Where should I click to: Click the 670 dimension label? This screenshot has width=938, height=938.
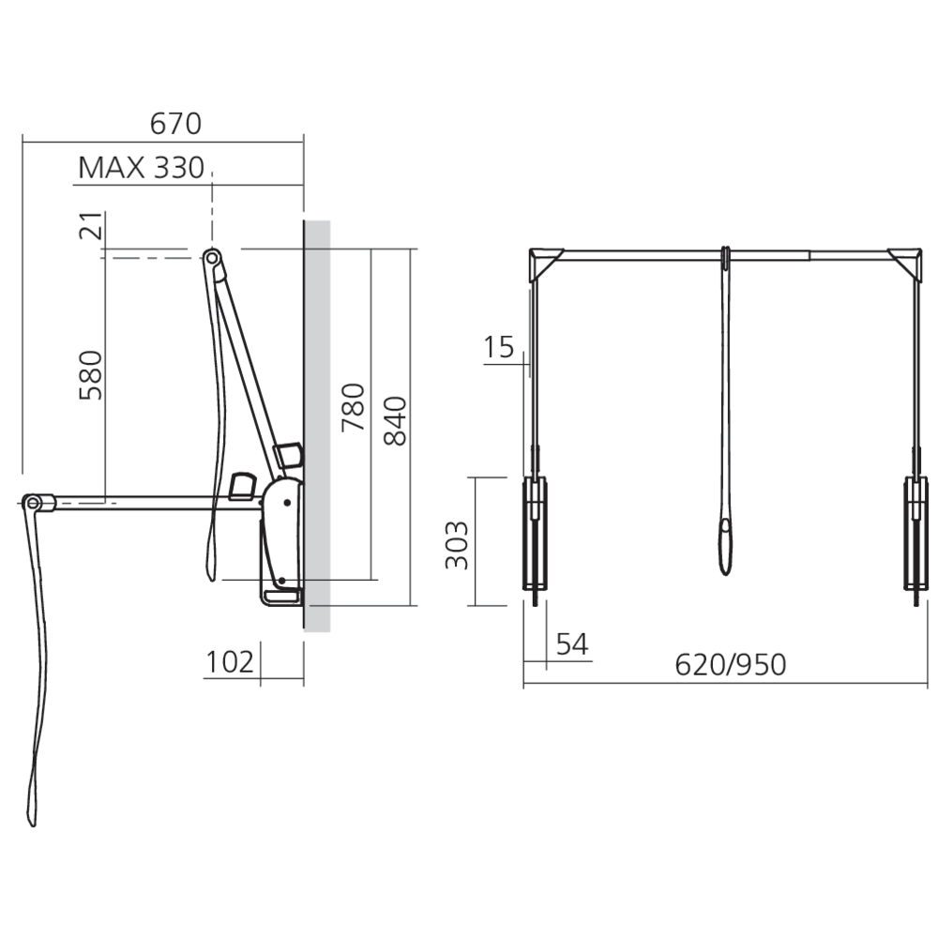(175, 124)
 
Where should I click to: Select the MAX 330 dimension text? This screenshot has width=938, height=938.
(142, 168)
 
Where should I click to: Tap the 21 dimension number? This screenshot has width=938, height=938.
(91, 225)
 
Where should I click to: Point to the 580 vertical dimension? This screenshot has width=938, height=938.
(91, 375)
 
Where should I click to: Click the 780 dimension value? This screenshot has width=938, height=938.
(353, 407)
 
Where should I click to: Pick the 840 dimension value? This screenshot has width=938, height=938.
(395, 420)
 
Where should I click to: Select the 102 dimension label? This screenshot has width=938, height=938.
(230, 662)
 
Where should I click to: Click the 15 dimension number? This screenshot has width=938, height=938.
(498, 347)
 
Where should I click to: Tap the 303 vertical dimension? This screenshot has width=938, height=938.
(457, 545)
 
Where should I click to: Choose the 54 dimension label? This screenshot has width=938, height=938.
(572, 644)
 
